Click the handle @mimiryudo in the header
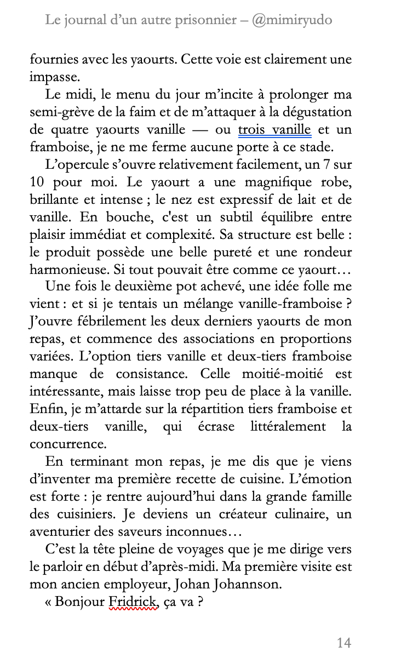(291, 20)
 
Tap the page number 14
(343, 643)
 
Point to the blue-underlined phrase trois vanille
(275, 130)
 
